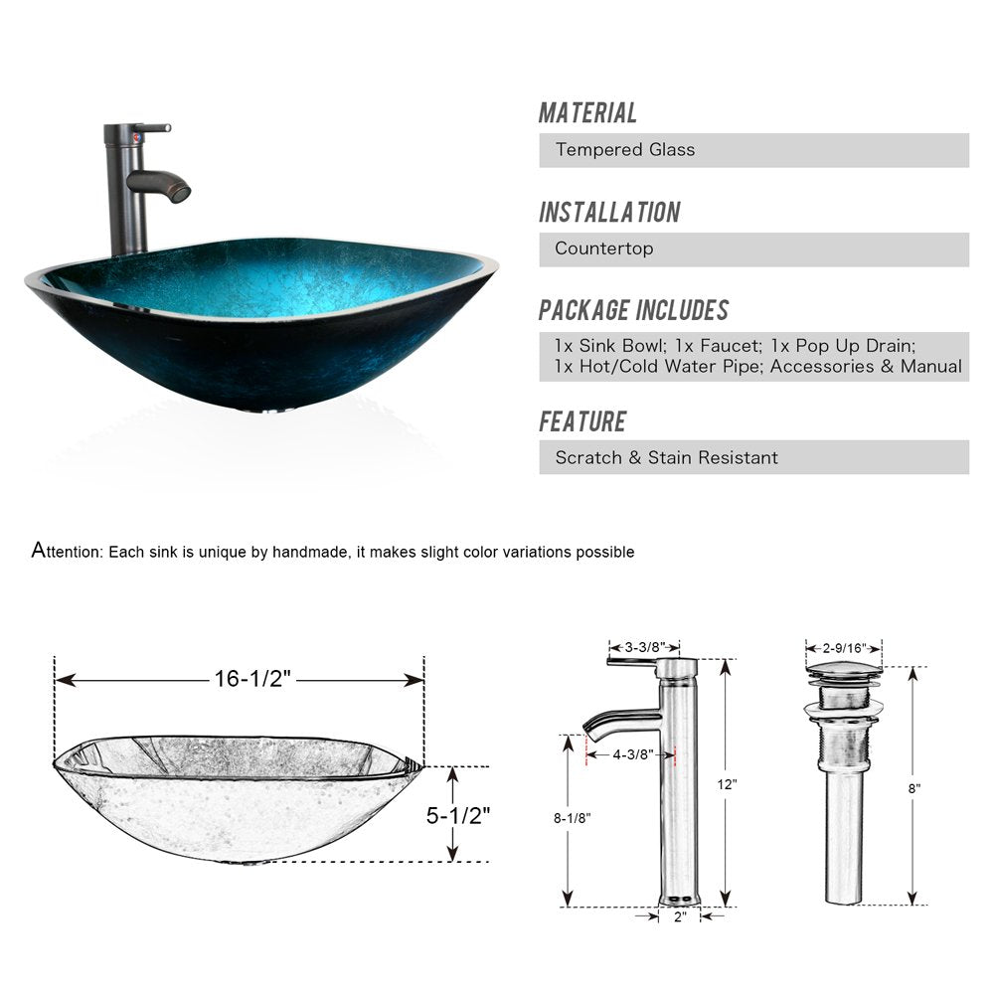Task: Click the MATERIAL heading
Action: [x=587, y=113]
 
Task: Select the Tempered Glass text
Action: [x=625, y=150]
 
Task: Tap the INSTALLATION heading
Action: [x=609, y=213]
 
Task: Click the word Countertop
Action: [x=603, y=248]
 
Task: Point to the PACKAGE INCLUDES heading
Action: [x=633, y=310]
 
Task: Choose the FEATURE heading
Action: [x=582, y=421]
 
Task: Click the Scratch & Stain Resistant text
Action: [x=666, y=458]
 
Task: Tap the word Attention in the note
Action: [x=67, y=551]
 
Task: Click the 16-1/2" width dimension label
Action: [x=251, y=679]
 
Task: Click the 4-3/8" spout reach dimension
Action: [x=631, y=754]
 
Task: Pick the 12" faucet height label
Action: [x=729, y=784]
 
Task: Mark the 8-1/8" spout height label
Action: [x=572, y=818]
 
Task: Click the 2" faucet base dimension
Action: [x=680, y=916]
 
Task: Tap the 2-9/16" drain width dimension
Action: [x=843, y=648]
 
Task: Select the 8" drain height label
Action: [x=913, y=787]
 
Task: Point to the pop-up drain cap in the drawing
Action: [x=843, y=672]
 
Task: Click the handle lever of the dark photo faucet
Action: [x=154, y=128]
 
